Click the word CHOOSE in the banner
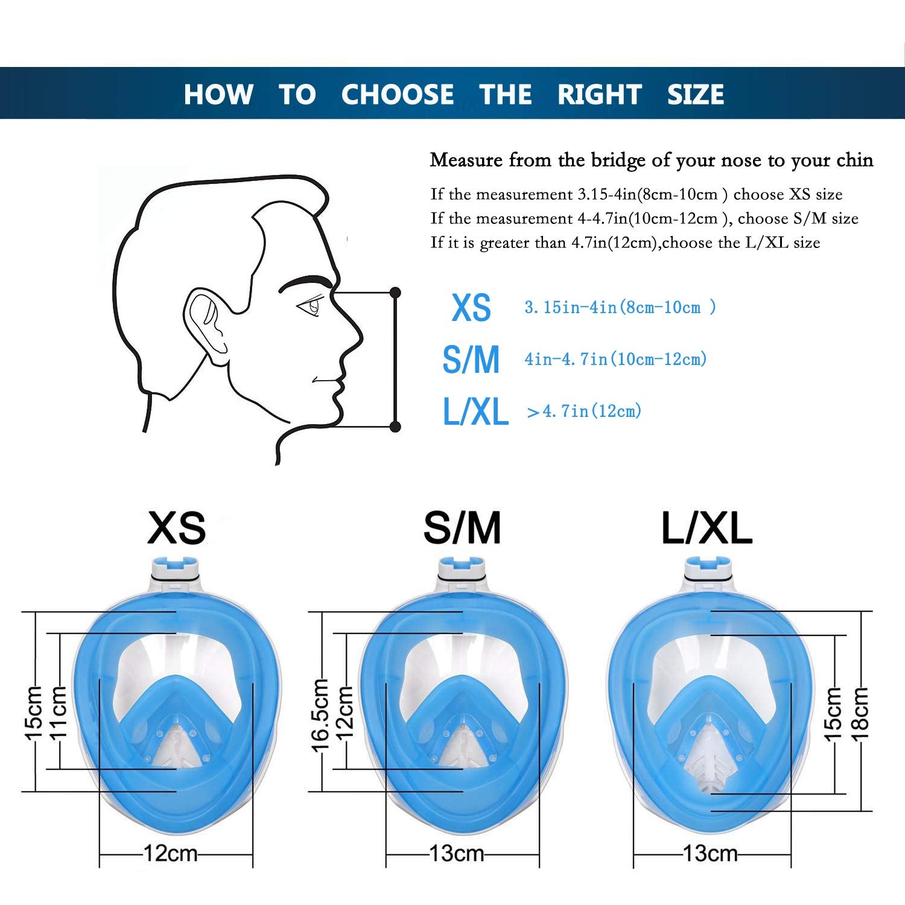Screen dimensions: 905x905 pos(398,94)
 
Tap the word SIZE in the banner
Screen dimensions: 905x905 pos(696,94)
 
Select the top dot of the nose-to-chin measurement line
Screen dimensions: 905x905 pos(395,293)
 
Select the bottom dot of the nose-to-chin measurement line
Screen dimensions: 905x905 pos(395,427)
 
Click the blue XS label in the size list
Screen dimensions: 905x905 pos(471,308)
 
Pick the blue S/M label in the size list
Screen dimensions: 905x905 pos(471,360)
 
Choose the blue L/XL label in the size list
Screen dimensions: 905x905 pos(475,411)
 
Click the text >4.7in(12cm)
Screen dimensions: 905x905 pos(584,411)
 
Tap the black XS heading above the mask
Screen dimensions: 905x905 pos(177,527)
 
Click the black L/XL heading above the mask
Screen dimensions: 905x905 pos(707,529)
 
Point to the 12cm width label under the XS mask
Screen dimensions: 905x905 pos(171,854)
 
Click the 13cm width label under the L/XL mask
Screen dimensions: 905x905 pos(710,854)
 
